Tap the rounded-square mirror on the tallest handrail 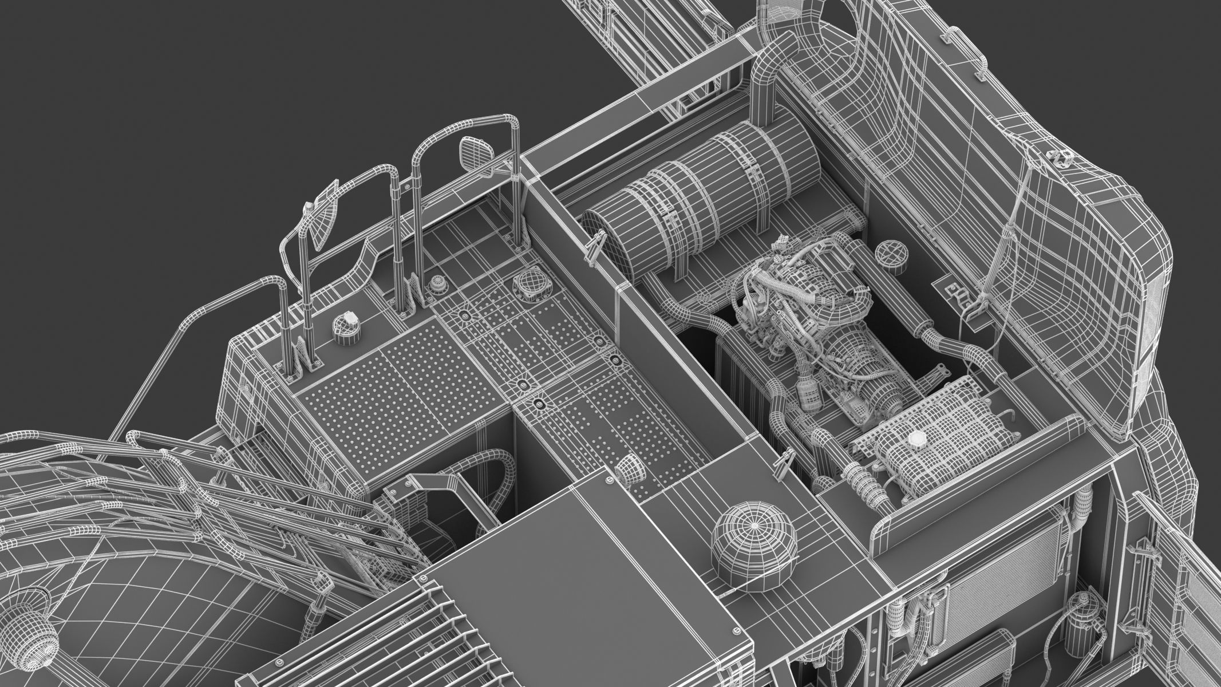click(x=476, y=153)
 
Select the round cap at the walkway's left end click(x=345, y=326)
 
